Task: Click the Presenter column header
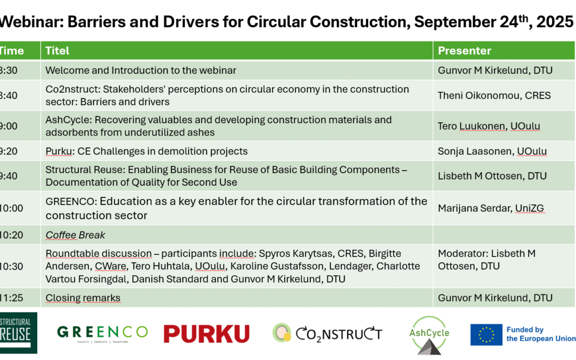[x=465, y=51]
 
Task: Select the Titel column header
[x=57, y=51]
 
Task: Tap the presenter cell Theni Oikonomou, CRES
[x=494, y=95]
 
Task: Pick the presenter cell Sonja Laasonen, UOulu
[x=492, y=151]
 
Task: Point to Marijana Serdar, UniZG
[x=491, y=208]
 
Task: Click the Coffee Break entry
[x=75, y=235]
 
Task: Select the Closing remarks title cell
[x=83, y=298]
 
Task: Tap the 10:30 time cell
[x=11, y=266]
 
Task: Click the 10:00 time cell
[x=11, y=208]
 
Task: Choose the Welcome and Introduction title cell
[x=141, y=70]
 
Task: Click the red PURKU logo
[x=206, y=333]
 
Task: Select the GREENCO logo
[x=102, y=333]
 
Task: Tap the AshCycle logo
[x=429, y=335]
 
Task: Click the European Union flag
[x=486, y=334]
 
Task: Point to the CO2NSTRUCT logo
[x=327, y=333]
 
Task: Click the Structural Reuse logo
[x=18, y=333]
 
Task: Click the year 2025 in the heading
[x=555, y=22]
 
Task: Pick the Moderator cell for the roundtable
[x=487, y=260]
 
